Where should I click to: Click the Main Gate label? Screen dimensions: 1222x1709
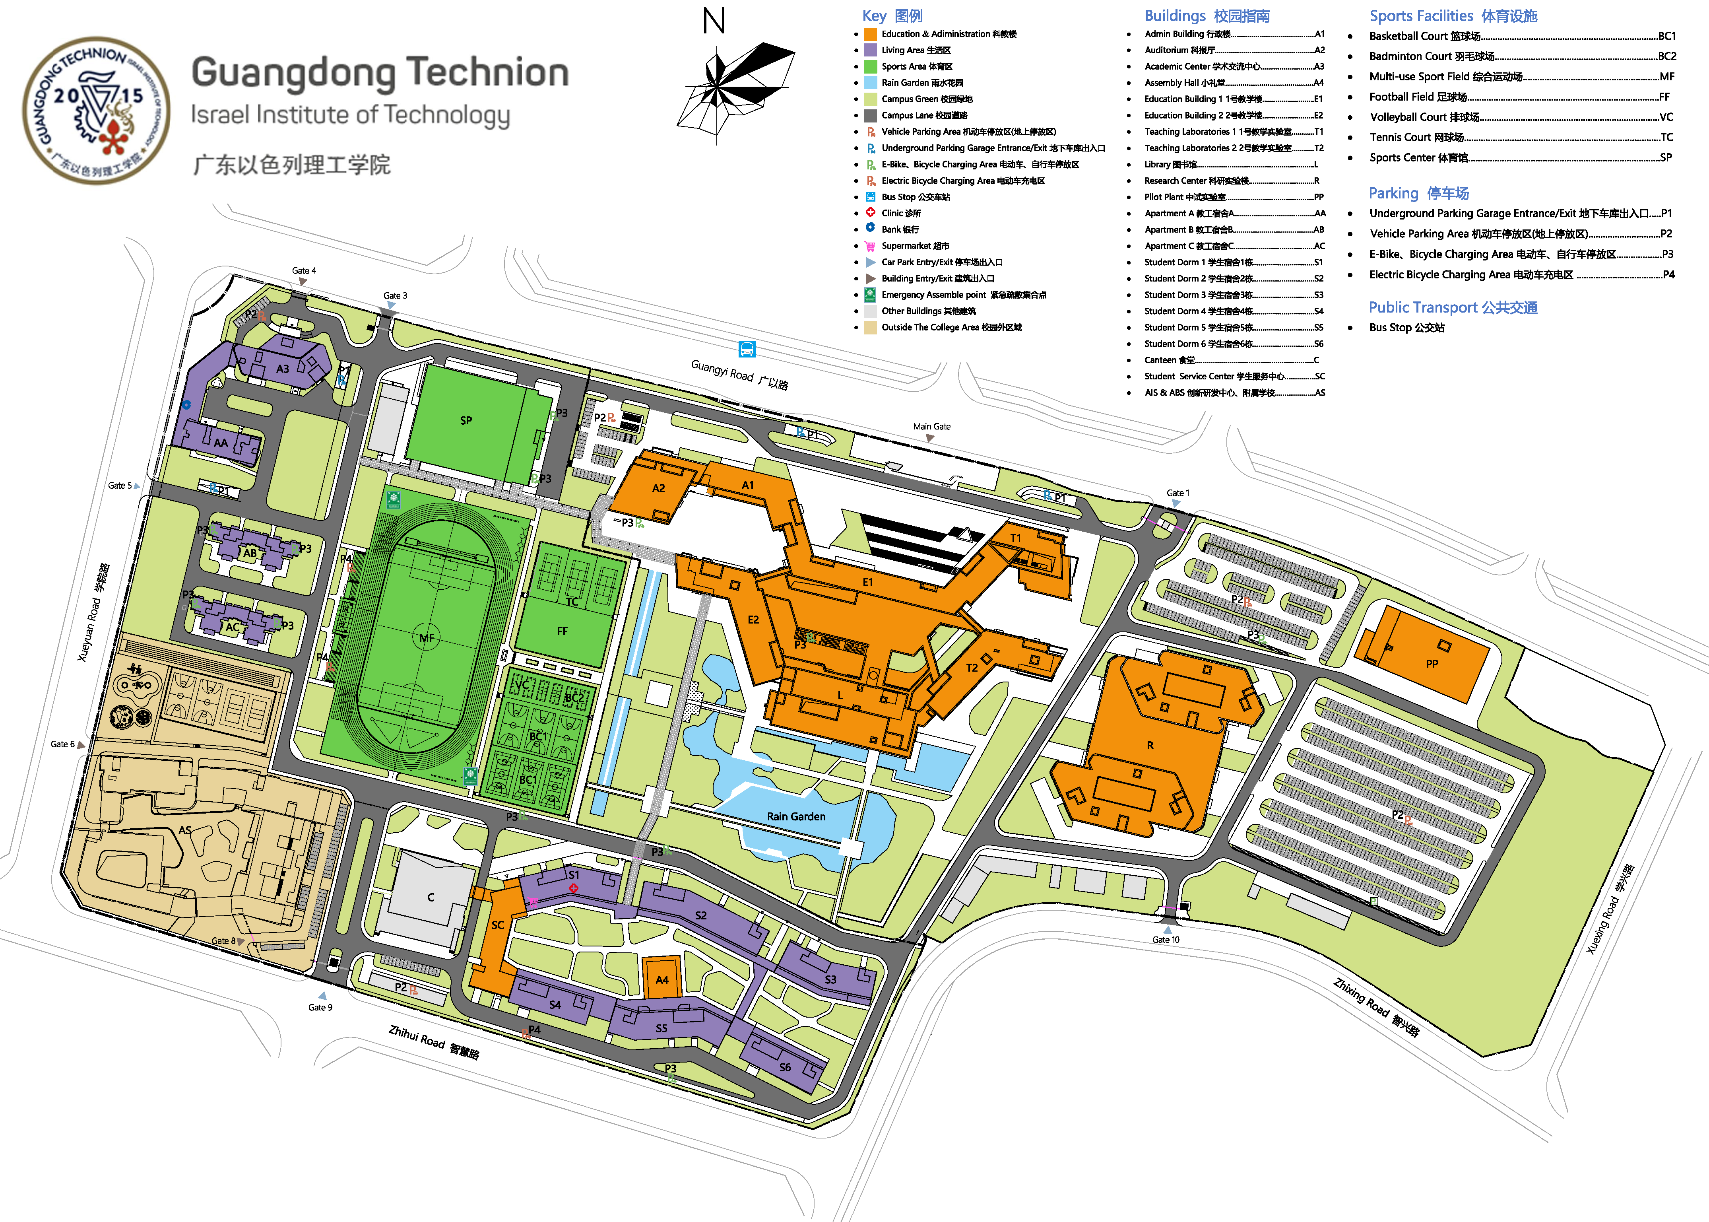pyautogui.click(x=931, y=427)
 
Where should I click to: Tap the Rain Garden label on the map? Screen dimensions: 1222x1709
pyautogui.click(x=796, y=816)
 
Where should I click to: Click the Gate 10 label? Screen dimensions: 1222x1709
pyautogui.click(x=1166, y=940)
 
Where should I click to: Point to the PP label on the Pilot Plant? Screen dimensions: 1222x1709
pyautogui.click(x=1432, y=664)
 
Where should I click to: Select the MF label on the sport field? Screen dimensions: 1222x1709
pyautogui.click(x=427, y=638)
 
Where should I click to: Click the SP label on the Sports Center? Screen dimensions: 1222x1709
pyautogui.click(x=466, y=421)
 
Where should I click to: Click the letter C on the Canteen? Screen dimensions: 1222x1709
pyautogui.click(x=430, y=897)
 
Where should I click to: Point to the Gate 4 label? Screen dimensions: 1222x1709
pyautogui.click(x=304, y=271)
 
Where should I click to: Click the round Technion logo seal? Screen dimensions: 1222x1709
pyautogui.click(x=96, y=111)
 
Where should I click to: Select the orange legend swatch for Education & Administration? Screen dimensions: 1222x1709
pyautogui.click(x=870, y=34)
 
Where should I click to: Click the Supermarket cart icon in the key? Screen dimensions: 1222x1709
pyautogui.click(x=870, y=246)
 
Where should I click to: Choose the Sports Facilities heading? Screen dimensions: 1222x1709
pyautogui.click(x=1453, y=16)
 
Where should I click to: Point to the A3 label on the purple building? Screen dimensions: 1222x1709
pyautogui.click(x=282, y=369)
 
